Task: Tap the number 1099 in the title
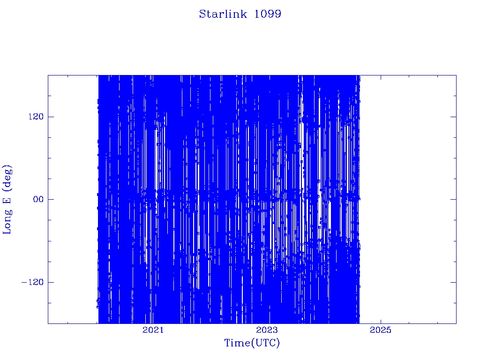268,14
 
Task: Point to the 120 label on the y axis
36,117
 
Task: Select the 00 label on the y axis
38,199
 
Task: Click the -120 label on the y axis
32,282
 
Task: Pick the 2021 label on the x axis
153,330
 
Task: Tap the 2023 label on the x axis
267,330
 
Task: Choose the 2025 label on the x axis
381,330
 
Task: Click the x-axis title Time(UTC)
252,343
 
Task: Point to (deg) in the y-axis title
7,178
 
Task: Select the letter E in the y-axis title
7,200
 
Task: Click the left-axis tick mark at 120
51,117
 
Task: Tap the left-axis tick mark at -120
51,282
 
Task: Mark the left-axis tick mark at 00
51,199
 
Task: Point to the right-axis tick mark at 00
453,199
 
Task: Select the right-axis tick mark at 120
453,117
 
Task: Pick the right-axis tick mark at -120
453,282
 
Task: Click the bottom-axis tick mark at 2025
381,321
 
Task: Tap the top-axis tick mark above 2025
381,78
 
